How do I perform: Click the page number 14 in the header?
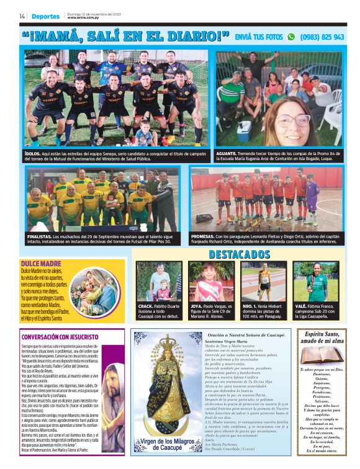(x=22, y=16)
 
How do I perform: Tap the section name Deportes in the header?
(x=45, y=16)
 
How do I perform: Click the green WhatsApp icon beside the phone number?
(x=291, y=37)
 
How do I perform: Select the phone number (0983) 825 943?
(x=322, y=37)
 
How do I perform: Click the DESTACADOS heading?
(x=240, y=255)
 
